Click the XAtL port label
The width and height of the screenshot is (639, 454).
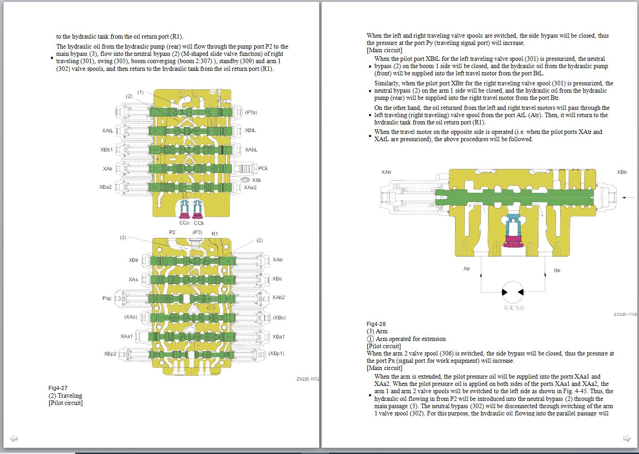click(108, 131)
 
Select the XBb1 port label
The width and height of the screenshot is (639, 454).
click(107, 150)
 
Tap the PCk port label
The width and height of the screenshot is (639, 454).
click(263, 168)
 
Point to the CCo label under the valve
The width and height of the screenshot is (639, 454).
click(184, 223)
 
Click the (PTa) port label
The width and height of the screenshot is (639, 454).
click(251, 112)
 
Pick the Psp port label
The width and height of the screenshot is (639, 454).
click(107, 298)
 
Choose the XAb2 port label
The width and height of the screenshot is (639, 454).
click(279, 298)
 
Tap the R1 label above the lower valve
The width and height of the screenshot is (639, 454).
click(215, 233)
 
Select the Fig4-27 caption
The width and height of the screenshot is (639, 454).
click(58, 388)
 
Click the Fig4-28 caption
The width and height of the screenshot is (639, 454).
click(376, 324)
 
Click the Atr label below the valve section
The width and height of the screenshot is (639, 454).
click(467, 269)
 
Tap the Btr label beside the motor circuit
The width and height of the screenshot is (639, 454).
click(557, 271)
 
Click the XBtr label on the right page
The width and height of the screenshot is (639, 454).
click(622, 172)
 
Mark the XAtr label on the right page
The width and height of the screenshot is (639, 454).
click(386, 172)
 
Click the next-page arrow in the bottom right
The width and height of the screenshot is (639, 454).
click(627, 438)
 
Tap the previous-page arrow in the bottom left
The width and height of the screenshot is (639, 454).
click(13, 438)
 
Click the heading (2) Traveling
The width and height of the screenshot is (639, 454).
click(65, 395)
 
